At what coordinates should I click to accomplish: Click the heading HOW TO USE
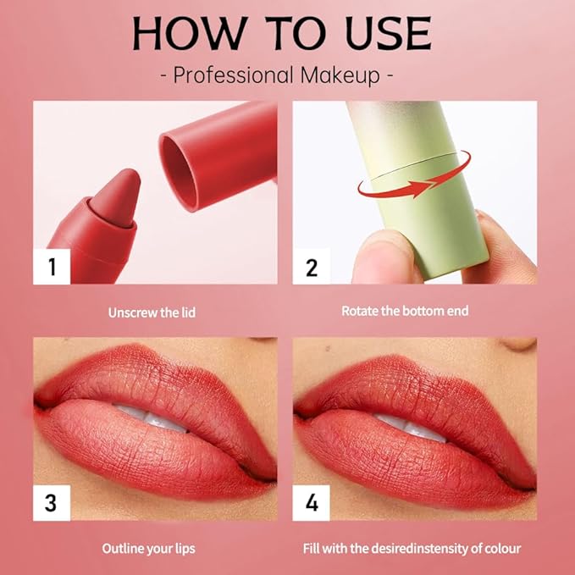click(x=282, y=33)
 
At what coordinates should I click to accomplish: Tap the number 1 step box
click(x=52, y=267)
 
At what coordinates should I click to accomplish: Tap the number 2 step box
click(x=311, y=267)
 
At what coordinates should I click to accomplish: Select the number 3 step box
click(x=52, y=502)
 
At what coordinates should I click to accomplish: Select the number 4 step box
click(x=311, y=502)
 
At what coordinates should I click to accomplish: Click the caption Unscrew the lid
click(x=152, y=312)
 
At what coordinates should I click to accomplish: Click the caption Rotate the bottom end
click(x=405, y=311)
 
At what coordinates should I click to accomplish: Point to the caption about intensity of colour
click(x=412, y=548)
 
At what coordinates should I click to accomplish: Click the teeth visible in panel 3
click(x=152, y=416)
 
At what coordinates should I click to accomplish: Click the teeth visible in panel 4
click(x=412, y=423)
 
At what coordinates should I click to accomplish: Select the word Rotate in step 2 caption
click(x=360, y=311)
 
